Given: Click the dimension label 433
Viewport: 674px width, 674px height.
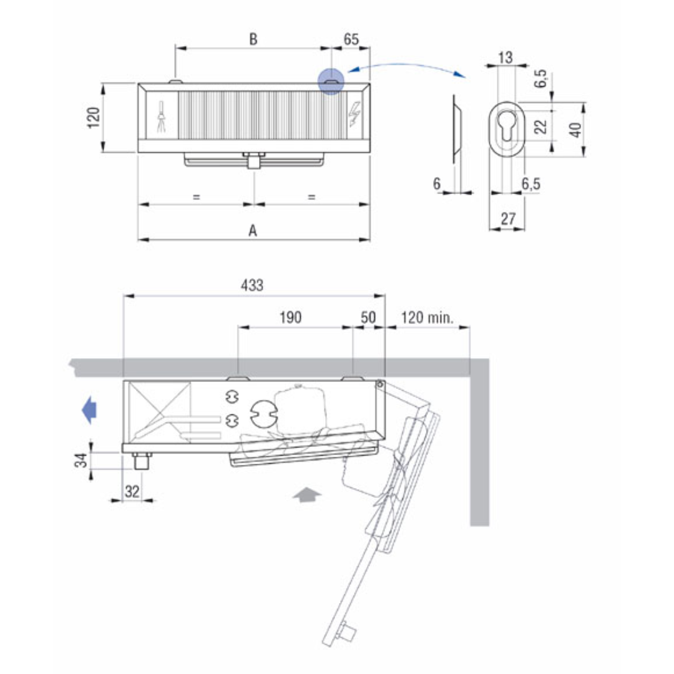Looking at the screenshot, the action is click(252, 285).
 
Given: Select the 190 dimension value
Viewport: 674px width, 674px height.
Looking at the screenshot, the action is click(291, 318).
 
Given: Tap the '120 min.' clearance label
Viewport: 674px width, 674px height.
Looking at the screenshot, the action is click(427, 318).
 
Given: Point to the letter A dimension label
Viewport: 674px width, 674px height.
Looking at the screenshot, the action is click(253, 231).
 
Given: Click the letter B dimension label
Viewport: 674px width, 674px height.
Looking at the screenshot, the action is click(253, 39).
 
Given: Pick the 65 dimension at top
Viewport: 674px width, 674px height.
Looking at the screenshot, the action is click(351, 39).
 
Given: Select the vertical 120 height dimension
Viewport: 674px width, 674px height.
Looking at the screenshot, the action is click(94, 117).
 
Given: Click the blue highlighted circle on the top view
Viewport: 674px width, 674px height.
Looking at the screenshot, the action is click(331, 82).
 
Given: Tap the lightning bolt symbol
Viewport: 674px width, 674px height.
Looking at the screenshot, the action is click(356, 114).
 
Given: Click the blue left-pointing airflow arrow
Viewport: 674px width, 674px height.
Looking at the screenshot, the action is click(90, 409).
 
